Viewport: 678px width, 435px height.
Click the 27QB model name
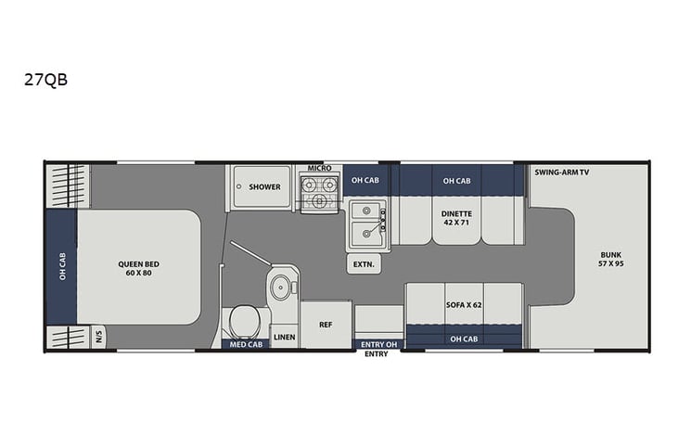(46, 80)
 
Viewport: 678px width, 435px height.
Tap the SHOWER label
(264, 186)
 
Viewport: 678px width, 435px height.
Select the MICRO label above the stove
(320, 168)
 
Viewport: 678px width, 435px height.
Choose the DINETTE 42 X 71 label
(456, 218)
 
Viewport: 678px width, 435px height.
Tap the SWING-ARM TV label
(562, 173)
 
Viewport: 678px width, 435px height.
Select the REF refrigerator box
(326, 325)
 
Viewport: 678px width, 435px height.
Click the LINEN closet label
(285, 337)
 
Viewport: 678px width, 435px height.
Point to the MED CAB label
(244, 344)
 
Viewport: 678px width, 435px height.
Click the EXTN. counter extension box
(363, 264)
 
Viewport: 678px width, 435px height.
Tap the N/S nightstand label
(100, 338)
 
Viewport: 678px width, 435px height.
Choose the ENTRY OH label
(377, 344)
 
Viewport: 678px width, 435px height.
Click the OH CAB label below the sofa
(463, 339)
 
